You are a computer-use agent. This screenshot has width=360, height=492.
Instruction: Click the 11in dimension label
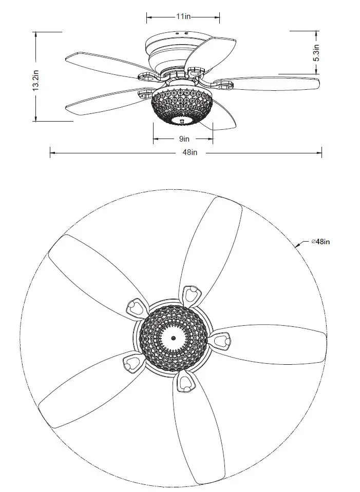[183, 16]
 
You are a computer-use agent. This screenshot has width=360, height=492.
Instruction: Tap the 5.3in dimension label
[317, 53]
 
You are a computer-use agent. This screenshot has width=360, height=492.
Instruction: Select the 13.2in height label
[35, 83]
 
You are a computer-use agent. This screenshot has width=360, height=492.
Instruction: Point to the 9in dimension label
[183, 139]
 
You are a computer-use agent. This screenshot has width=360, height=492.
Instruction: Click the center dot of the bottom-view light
[174, 338]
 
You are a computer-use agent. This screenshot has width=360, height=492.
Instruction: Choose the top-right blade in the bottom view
[213, 246]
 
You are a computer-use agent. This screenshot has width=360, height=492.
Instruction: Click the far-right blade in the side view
[272, 84]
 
